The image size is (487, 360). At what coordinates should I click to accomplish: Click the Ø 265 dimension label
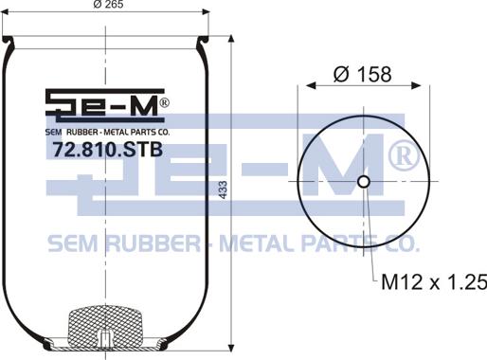click(x=109, y=4)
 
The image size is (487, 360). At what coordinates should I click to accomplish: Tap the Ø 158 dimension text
click(x=363, y=75)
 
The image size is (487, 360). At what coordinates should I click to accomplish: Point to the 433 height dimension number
click(x=223, y=189)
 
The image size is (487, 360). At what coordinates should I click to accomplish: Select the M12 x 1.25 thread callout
click(x=434, y=282)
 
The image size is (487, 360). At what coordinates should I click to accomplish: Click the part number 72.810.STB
click(x=107, y=150)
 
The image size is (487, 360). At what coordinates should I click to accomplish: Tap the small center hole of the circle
click(x=364, y=182)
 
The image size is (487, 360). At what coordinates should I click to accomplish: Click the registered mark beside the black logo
click(x=165, y=103)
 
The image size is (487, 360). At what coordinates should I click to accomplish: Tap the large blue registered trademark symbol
click(x=404, y=155)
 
